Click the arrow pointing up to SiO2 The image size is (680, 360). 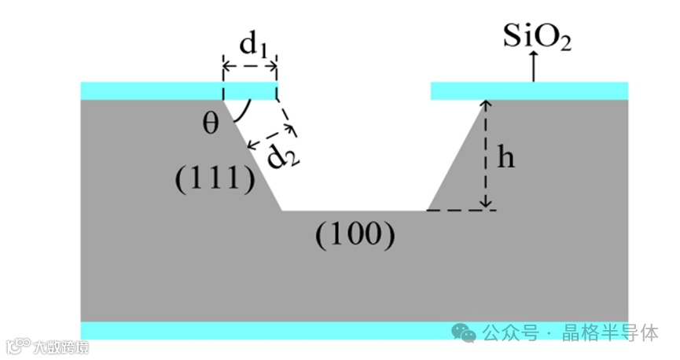coord(534,66)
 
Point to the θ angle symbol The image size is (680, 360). coord(211,123)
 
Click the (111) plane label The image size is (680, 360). coord(215,180)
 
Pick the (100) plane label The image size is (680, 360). coord(355,233)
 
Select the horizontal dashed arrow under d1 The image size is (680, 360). coord(250,66)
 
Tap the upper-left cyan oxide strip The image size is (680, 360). coord(179,90)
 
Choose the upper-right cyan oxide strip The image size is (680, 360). coord(529,90)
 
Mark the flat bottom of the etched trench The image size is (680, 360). coord(354,210)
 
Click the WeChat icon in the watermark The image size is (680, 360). coord(469,333)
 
